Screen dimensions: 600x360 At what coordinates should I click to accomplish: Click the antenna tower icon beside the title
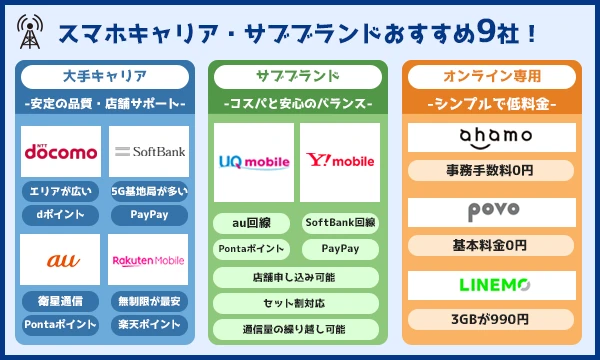pos(30,32)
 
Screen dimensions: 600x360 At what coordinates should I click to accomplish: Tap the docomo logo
pos(61,151)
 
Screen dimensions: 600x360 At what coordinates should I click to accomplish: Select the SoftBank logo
pos(150,151)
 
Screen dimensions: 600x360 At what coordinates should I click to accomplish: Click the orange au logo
pos(63,261)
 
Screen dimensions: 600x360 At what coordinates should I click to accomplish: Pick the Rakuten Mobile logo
pos(148,261)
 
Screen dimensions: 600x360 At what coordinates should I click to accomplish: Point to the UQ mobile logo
pos(254,162)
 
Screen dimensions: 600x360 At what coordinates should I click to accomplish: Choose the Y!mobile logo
pos(340,160)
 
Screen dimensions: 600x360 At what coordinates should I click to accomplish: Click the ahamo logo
pos(496,138)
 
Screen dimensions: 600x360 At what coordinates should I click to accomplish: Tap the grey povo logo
pos(494,211)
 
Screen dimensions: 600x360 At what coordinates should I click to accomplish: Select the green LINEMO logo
pos(494,285)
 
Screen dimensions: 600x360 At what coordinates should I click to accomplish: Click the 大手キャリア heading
pos(105,77)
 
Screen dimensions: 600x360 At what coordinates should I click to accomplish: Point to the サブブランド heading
pos(298,77)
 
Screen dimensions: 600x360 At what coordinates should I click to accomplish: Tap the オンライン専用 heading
pos(492,77)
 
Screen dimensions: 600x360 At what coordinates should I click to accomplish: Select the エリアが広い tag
pos(60,191)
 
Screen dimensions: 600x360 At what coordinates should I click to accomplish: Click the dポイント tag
pos(60,215)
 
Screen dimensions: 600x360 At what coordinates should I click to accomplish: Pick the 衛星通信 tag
pos(60,301)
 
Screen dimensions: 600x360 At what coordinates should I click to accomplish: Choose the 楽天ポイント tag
pos(149,325)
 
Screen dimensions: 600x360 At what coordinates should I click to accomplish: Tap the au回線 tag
pos(251,223)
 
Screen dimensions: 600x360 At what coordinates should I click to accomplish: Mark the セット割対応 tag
pos(296,303)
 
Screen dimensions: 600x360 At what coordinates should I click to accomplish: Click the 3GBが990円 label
pos(491,319)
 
